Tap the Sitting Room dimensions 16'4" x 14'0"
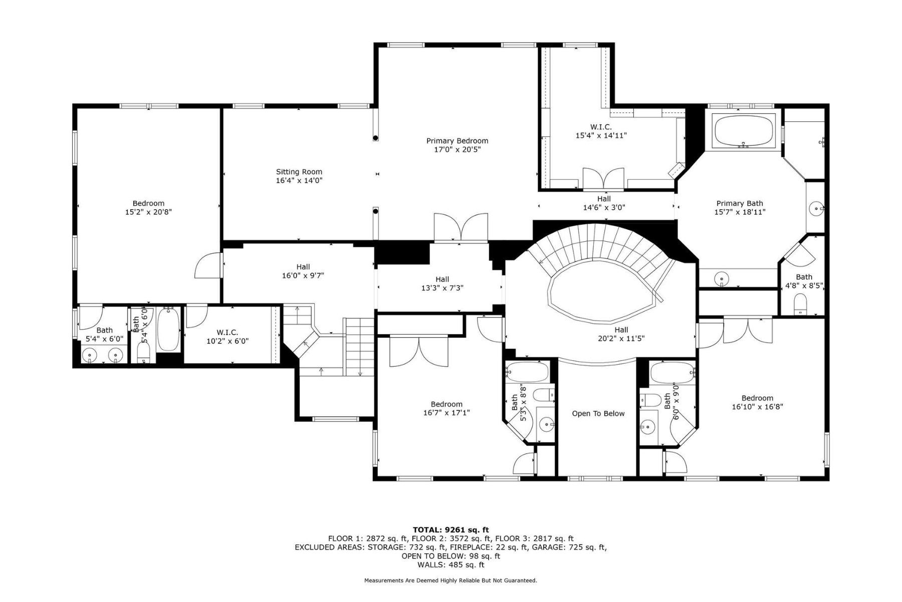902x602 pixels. [299, 181]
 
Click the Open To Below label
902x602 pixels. [598, 414]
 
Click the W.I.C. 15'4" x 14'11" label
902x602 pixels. [601, 131]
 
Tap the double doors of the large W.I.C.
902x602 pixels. [603, 179]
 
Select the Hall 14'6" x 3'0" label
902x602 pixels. [604, 203]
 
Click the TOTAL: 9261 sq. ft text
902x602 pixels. [450, 530]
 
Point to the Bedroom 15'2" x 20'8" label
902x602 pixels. [148, 208]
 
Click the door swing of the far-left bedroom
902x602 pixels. [206, 265]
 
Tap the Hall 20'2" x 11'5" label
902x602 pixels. [621, 334]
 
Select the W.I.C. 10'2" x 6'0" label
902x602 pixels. [227, 337]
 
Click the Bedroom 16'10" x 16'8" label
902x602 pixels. [757, 402]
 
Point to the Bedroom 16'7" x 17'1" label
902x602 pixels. [446, 408]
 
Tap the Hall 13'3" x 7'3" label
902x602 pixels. [442, 283]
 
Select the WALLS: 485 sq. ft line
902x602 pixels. [450, 565]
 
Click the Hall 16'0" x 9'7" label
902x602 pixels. [303, 271]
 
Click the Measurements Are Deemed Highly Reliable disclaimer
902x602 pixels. [450, 580]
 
